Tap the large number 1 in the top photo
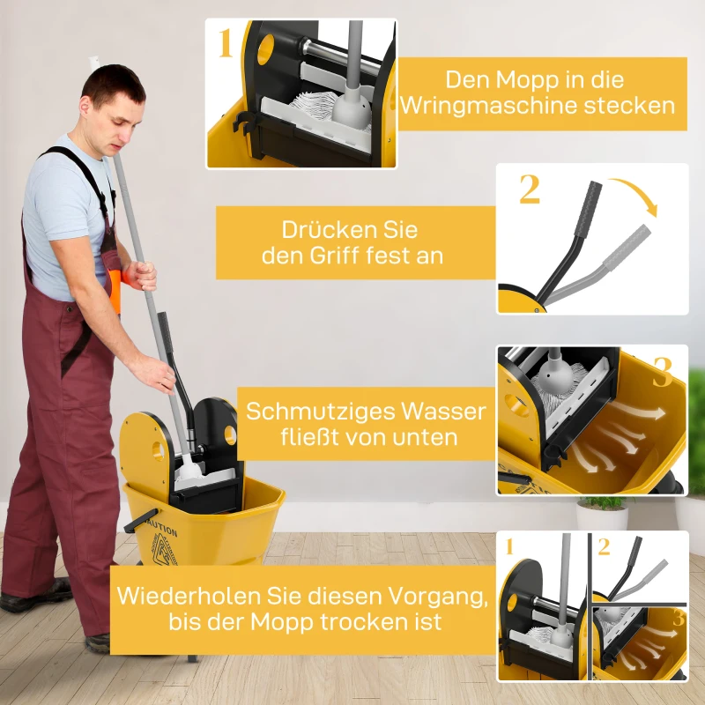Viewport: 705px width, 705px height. click(x=226, y=42)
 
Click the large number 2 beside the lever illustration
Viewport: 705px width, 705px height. click(x=529, y=189)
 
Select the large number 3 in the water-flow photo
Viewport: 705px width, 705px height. click(x=663, y=373)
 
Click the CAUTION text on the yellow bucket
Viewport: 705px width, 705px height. click(x=163, y=531)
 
